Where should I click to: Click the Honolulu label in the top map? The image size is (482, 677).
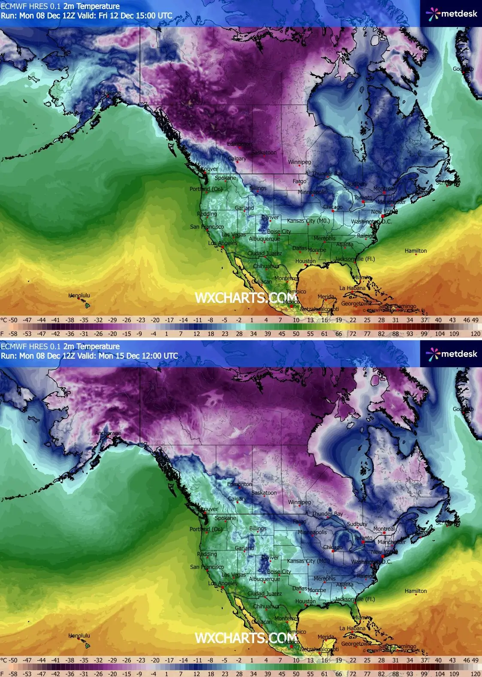pyautogui.click(x=79, y=296)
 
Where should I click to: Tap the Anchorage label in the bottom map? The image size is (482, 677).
pyautogui.click(x=108, y=433)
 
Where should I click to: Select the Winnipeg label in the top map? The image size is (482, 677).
pyautogui.click(x=299, y=162)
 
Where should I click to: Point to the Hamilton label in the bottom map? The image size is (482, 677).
pyautogui.click(x=415, y=591)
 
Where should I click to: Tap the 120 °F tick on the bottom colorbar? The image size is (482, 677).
pyautogui.click(x=475, y=674)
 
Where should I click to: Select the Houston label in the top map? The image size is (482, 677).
pyautogui.click(x=305, y=261)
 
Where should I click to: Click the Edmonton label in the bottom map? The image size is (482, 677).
pyautogui.click(x=239, y=484)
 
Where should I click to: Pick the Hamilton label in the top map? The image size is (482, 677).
pyautogui.click(x=415, y=251)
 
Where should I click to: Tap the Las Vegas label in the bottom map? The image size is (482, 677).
pyautogui.click(x=233, y=575)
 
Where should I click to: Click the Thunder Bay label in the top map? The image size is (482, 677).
pyautogui.click(x=327, y=174)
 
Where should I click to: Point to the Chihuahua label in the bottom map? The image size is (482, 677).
pyautogui.click(x=266, y=607)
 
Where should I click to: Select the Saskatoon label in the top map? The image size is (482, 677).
pyautogui.click(x=264, y=153)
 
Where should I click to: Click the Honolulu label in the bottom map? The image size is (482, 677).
pyautogui.click(x=79, y=636)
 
